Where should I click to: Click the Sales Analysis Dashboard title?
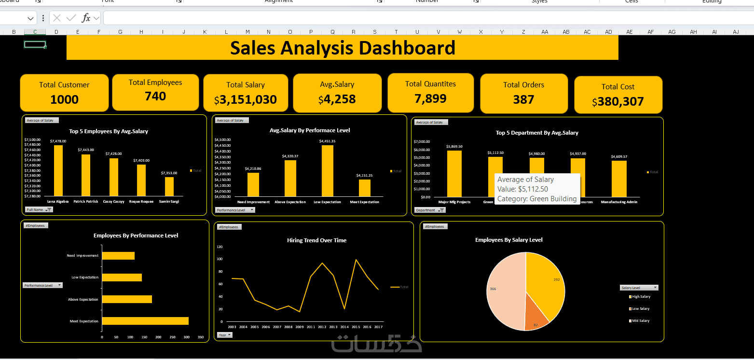click(x=343, y=48)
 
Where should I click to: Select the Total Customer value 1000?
click(x=64, y=100)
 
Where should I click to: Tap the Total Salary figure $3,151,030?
click(x=246, y=100)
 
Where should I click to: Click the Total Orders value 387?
click(x=523, y=100)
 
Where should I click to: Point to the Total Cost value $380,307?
click(x=618, y=102)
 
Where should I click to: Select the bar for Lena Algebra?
click(x=58, y=170)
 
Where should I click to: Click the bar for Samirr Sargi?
click(x=169, y=186)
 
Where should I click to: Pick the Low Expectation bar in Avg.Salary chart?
click(x=328, y=170)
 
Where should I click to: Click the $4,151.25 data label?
click(x=365, y=176)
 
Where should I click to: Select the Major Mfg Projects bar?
click(x=454, y=174)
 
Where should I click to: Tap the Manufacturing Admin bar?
click(x=619, y=179)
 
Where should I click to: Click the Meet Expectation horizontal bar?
click(x=145, y=321)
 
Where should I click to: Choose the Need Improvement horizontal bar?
click(x=118, y=256)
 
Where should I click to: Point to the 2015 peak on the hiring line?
click(x=356, y=260)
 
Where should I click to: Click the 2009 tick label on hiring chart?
click(x=300, y=327)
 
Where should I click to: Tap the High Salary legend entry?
click(x=641, y=297)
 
